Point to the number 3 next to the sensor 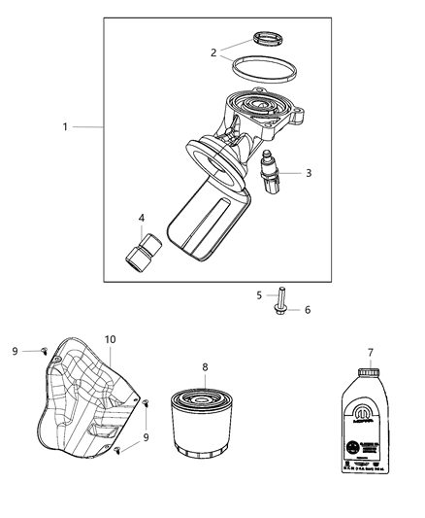(309, 173)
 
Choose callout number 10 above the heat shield (111, 339)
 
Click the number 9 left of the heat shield (16, 350)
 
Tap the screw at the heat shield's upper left (46, 350)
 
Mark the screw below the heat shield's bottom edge (117, 451)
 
